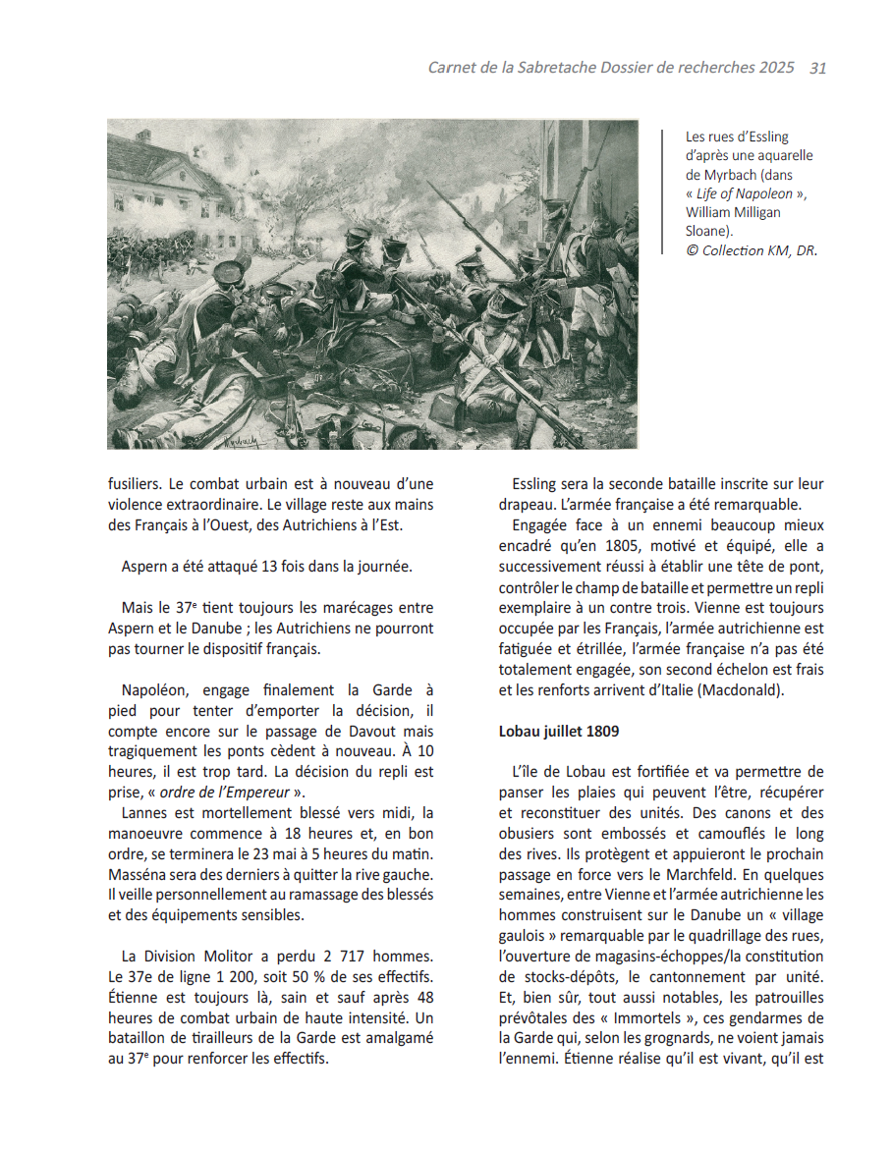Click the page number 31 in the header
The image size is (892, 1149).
[x=817, y=69]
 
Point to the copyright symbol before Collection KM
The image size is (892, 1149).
[x=692, y=250]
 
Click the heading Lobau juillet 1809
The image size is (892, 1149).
[x=559, y=732]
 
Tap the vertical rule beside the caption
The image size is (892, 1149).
[x=664, y=192]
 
